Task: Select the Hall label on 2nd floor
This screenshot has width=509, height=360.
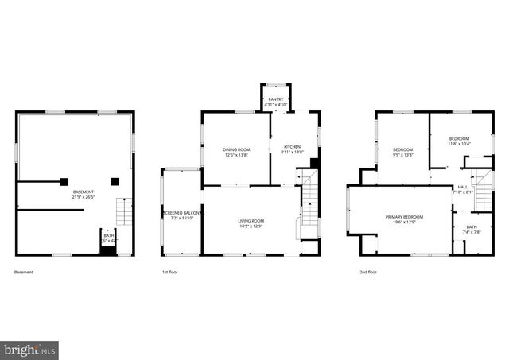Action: click(x=462, y=189)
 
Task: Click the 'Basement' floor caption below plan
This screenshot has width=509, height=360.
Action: click(x=24, y=272)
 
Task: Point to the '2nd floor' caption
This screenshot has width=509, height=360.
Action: click(x=367, y=272)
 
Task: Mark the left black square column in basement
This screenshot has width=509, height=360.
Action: click(x=64, y=181)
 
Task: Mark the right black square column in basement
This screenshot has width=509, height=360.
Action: click(x=115, y=181)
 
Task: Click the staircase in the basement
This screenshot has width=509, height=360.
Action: click(x=124, y=211)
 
